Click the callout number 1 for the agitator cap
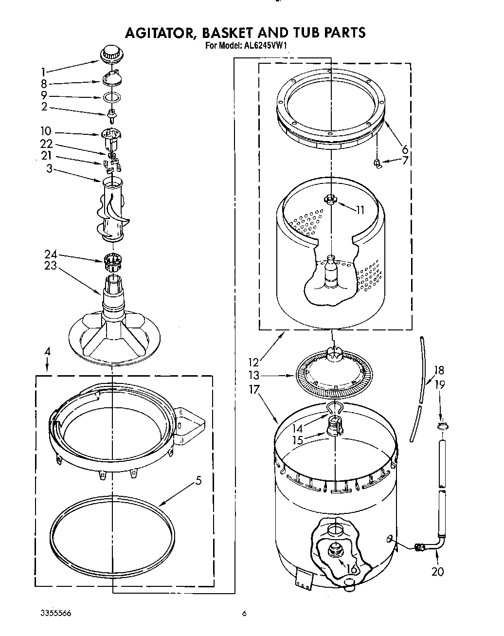(x=44, y=71)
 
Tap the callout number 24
(x=51, y=254)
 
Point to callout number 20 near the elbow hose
(x=437, y=571)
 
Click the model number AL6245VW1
(x=265, y=47)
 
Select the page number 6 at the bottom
(x=245, y=614)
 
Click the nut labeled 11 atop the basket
(x=331, y=199)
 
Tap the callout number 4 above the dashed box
(x=47, y=351)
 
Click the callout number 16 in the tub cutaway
(x=350, y=569)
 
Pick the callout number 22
(x=46, y=145)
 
